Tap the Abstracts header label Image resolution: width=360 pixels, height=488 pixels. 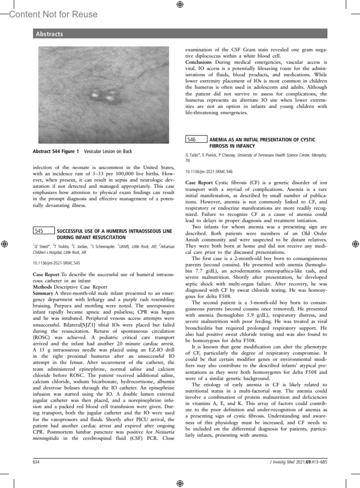coord(49,34)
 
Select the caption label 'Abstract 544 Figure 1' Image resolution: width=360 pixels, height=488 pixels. coord(56,151)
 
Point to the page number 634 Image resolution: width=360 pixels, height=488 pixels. coord(36,462)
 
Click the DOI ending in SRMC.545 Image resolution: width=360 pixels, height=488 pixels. coord(56,263)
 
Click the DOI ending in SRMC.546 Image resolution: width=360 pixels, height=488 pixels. coord(209,172)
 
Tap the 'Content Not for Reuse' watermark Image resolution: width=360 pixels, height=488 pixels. coord(53,14)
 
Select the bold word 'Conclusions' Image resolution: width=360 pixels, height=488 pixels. coord(198,62)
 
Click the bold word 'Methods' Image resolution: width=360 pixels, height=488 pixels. coord(42,287)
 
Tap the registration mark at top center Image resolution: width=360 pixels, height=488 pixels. coord(180,4)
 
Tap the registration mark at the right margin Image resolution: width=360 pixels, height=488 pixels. coord(355,244)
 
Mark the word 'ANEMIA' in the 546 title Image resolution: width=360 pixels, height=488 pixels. coord(217,139)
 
